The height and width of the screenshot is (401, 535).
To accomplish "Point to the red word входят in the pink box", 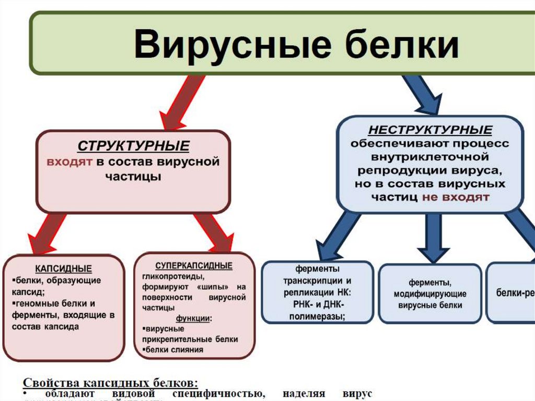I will click(x=69, y=161).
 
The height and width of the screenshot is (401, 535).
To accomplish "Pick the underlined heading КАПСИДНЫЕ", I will click(x=63, y=269).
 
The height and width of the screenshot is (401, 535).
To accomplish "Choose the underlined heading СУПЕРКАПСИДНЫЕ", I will click(x=194, y=266).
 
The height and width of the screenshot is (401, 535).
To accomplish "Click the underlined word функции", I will click(x=193, y=318).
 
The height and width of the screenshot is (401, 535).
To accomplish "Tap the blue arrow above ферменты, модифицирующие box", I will click(x=433, y=238).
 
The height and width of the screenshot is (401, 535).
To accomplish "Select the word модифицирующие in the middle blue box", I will click(x=429, y=294).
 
